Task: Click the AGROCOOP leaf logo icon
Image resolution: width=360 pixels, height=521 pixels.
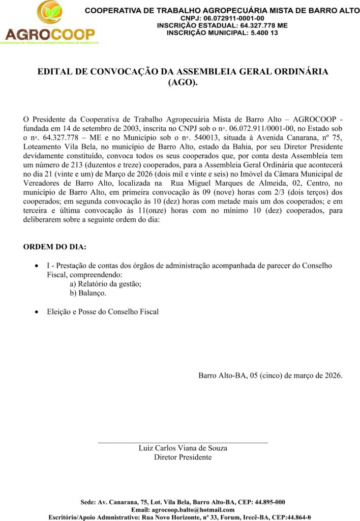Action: (49, 14)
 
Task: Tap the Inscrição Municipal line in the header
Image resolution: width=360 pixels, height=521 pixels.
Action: (223, 32)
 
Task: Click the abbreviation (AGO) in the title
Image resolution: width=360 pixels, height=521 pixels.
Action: (183, 82)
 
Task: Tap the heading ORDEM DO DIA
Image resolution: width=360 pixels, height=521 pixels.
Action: (55, 247)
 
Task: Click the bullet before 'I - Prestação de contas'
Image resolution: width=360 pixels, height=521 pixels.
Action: (35, 266)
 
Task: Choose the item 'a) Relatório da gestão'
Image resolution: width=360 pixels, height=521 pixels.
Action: (105, 284)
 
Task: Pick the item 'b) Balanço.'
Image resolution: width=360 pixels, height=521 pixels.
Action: (88, 293)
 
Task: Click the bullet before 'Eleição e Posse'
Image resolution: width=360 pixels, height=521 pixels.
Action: (35, 311)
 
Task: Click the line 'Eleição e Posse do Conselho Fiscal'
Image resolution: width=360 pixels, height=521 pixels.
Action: (103, 311)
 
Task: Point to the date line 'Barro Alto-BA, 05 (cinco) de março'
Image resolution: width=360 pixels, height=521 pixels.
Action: (270, 376)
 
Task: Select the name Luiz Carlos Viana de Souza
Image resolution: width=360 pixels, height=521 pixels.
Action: (183, 448)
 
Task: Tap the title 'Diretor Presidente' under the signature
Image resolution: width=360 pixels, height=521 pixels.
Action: (183, 457)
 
